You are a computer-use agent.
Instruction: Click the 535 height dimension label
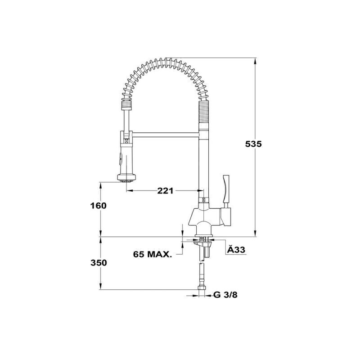[x=253, y=144]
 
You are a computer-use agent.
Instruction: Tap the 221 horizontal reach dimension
[x=165, y=190]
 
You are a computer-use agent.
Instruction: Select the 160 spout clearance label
[x=98, y=206]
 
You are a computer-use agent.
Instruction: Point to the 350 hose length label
[x=99, y=263]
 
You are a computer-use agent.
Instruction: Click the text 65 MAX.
[x=153, y=254]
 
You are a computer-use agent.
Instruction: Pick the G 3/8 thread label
[x=225, y=295]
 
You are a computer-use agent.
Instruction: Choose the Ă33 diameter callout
[x=236, y=250]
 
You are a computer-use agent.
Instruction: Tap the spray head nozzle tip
[x=126, y=181]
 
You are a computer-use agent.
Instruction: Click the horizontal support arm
[x=166, y=135]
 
